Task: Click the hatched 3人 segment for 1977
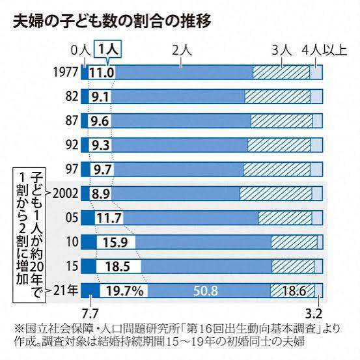pyautogui.click(x=281, y=73)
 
